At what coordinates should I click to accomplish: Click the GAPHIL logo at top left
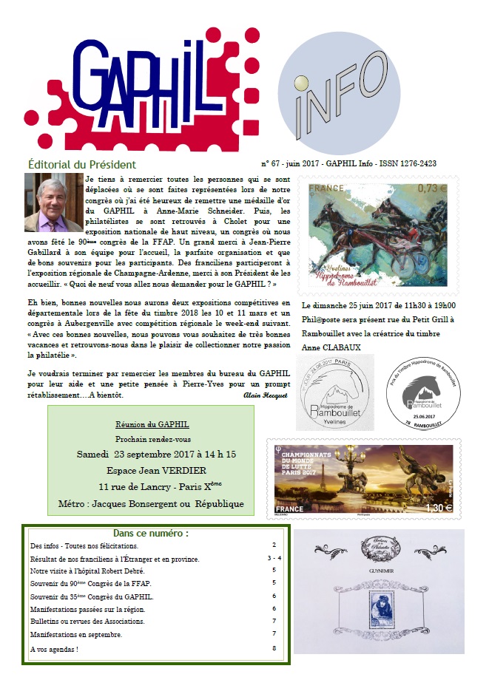pyautogui.click(x=137, y=89)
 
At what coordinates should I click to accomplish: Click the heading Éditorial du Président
pyautogui.click(x=82, y=165)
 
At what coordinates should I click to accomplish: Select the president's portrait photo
pyautogui.click(x=53, y=203)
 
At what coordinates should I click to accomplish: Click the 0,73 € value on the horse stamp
pyautogui.click(x=433, y=188)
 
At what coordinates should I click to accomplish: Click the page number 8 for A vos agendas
pyautogui.click(x=274, y=648)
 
